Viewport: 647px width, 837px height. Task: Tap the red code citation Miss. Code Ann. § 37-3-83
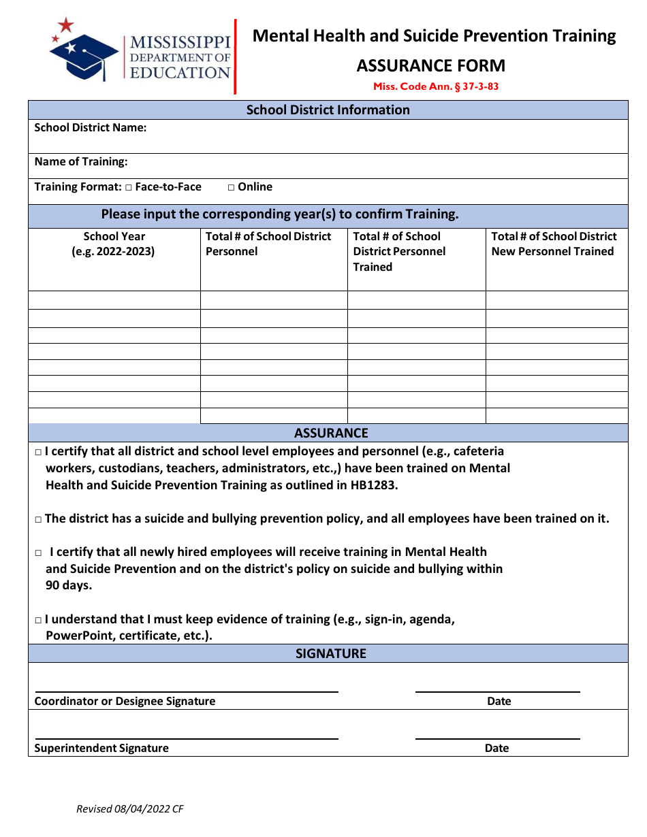click(435, 86)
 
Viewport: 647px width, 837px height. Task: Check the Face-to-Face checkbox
click(128, 187)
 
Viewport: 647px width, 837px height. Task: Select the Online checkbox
click(232, 187)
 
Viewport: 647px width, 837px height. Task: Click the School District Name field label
click(91, 127)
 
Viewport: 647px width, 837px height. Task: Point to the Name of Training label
click(81, 161)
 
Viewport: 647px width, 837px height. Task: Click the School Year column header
click(114, 244)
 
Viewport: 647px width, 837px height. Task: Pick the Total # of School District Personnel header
click(268, 244)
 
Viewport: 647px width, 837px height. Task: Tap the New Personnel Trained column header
click(554, 244)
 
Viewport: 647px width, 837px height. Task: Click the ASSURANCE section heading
click(331, 433)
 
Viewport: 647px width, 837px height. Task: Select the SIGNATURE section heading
click(331, 653)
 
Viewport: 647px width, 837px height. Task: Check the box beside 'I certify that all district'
click(38, 452)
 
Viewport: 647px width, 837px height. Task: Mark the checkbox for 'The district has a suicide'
click(38, 519)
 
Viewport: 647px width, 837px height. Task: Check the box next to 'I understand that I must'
click(38, 620)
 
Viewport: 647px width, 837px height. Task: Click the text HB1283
click(373, 485)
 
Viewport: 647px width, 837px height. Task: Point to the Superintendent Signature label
click(101, 748)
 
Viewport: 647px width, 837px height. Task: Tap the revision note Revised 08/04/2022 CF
click(129, 809)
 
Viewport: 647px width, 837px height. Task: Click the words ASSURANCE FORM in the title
click(430, 66)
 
